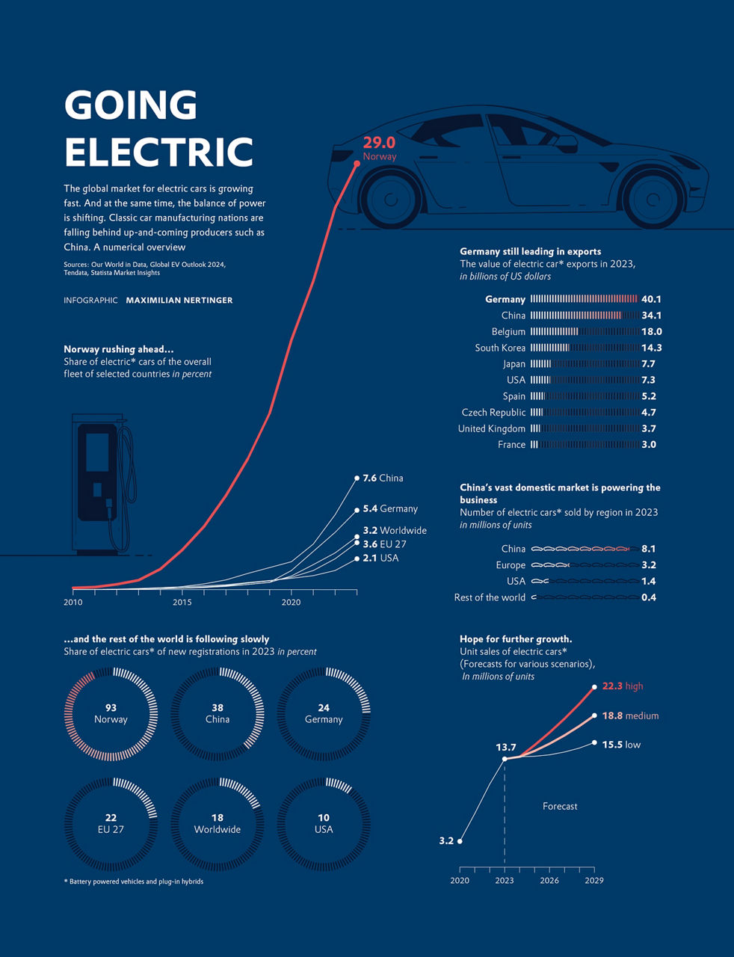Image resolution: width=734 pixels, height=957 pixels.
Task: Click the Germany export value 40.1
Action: click(651, 299)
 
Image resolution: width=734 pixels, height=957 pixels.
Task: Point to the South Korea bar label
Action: click(500, 348)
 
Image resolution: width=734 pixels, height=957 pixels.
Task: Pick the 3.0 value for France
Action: click(648, 445)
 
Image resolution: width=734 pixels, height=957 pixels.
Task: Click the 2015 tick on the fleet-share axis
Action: click(182, 602)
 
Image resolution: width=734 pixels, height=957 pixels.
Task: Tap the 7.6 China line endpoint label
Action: click(383, 478)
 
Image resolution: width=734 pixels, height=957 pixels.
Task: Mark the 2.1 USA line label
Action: click(380, 558)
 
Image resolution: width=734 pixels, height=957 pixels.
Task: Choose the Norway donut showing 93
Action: click(111, 714)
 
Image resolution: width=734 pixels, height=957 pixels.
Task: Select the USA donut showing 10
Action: click(324, 824)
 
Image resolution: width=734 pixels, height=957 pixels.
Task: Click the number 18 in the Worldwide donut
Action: click(218, 818)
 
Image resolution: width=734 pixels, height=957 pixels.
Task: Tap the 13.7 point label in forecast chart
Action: click(506, 748)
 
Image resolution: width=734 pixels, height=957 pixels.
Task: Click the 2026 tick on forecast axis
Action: click(549, 880)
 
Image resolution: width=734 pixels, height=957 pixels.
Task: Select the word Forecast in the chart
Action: click(560, 806)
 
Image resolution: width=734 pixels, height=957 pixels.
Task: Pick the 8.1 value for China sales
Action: click(648, 549)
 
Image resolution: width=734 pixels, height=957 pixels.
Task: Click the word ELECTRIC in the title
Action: click(159, 152)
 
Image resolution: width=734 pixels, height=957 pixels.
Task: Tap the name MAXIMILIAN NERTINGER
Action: click(179, 300)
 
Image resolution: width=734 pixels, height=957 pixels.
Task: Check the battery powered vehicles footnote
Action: click(134, 881)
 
